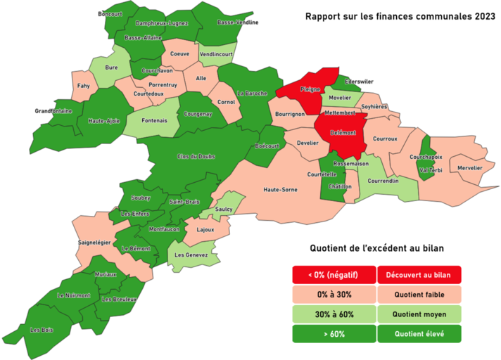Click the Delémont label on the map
coord(341,132)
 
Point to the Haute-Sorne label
coord(280,189)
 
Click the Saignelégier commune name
coord(94,242)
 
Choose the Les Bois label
coord(42,329)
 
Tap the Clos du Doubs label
coord(196,156)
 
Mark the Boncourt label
coord(110,14)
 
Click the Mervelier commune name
coord(469,168)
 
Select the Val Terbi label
coord(429,170)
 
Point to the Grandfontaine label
coord(53,111)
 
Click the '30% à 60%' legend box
coord(334,314)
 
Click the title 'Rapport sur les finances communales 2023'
coord(395,16)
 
